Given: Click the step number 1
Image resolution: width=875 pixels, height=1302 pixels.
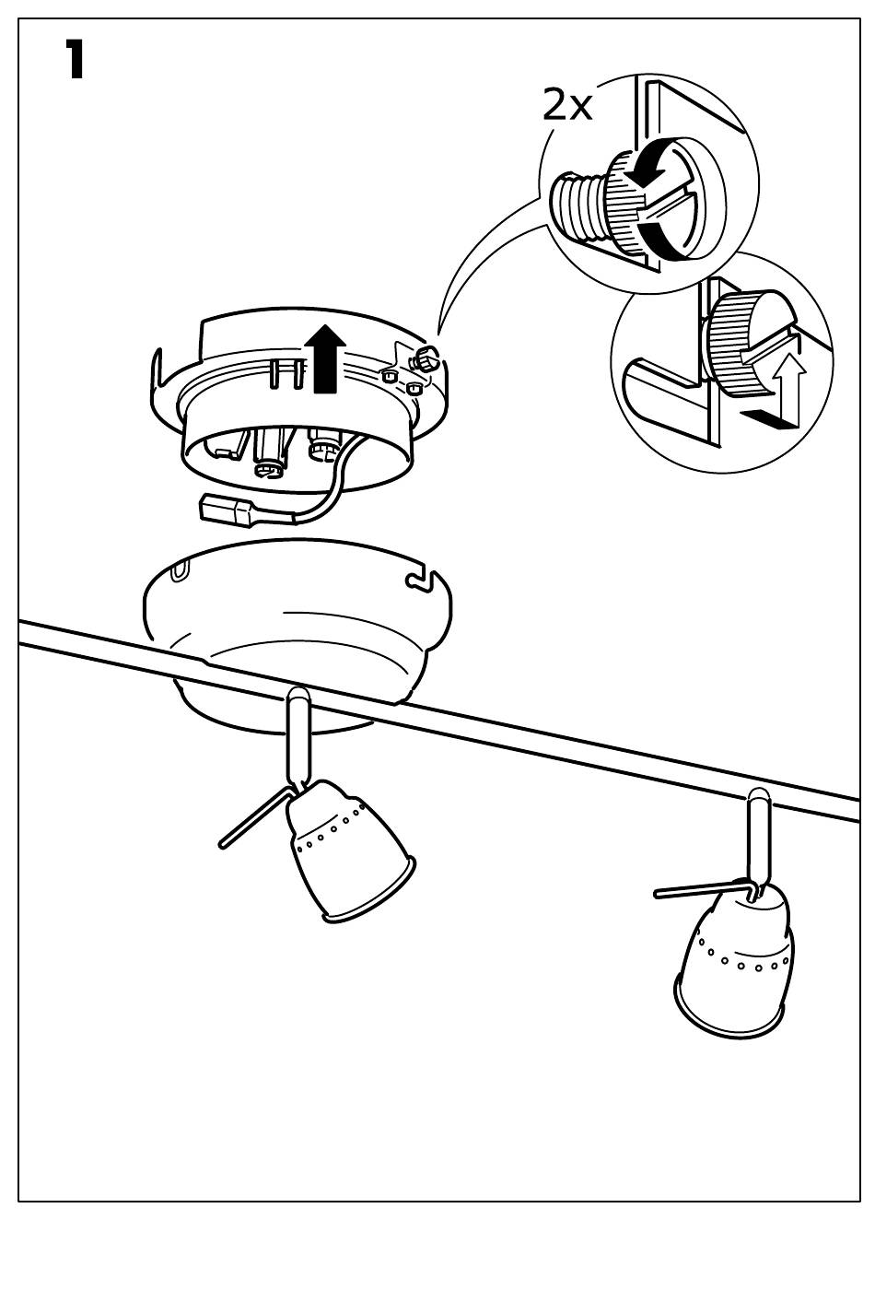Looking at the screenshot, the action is pos(74,60).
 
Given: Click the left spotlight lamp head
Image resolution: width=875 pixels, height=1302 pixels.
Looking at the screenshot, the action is pos(350,849).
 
